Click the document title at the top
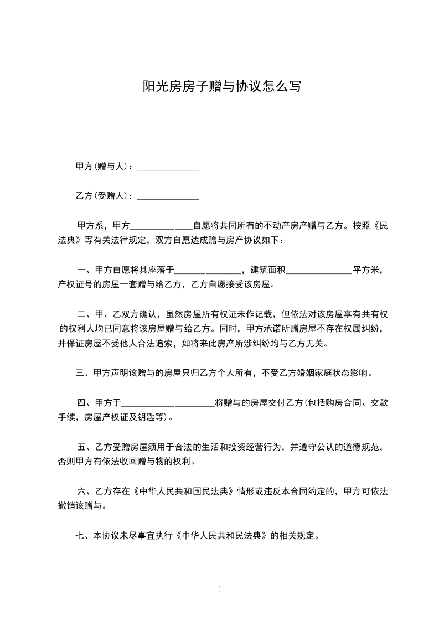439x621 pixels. click(x=219, y=86)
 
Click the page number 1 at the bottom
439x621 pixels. click(x=220, y=589)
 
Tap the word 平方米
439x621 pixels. click(x=366, y=270)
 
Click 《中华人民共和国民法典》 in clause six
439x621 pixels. click(x=180, y=491)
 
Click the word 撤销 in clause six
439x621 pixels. click(x=66, y=505)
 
